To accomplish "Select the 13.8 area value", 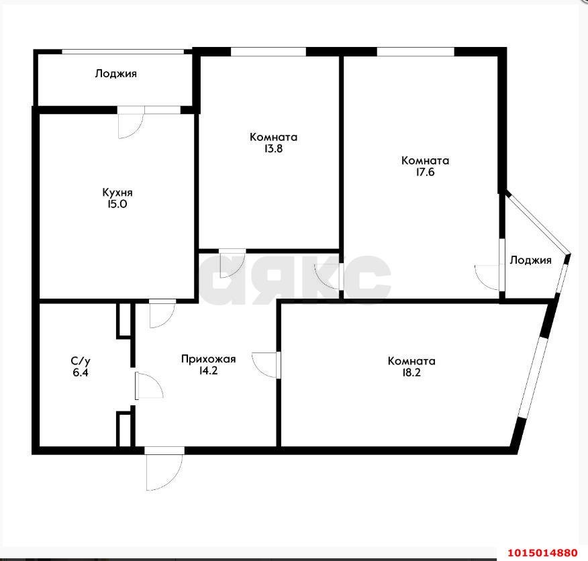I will point(273,150).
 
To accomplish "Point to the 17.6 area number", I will point(425,173).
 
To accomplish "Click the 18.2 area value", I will point(411,373).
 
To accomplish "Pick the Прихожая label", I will point(208,358).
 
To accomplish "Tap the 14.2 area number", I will point(208,370).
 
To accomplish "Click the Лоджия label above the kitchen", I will point(116,74).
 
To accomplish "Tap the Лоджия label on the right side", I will point(530,260).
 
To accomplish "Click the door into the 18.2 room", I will point(265,365).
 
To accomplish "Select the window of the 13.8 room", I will point(268,51).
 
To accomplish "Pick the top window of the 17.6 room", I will point(415,51).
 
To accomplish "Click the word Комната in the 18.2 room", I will point(411,360).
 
